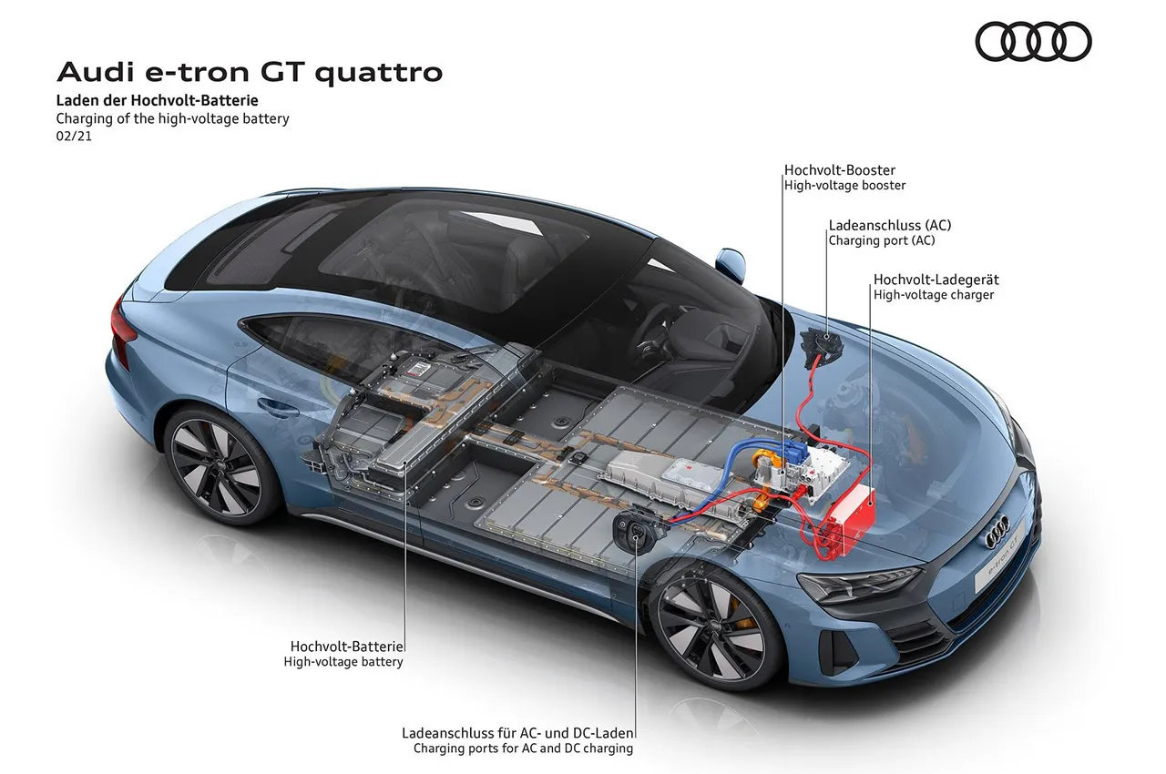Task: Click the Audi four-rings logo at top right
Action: coord(1033,41)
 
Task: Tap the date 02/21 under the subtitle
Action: coord(74,137)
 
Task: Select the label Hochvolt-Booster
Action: coord(840,170)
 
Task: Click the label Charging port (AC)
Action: coord(882,240)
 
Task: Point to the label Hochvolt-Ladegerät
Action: coord(936,280)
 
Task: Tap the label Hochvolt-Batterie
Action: coord(347,647)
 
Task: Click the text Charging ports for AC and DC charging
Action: coord(523,749)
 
